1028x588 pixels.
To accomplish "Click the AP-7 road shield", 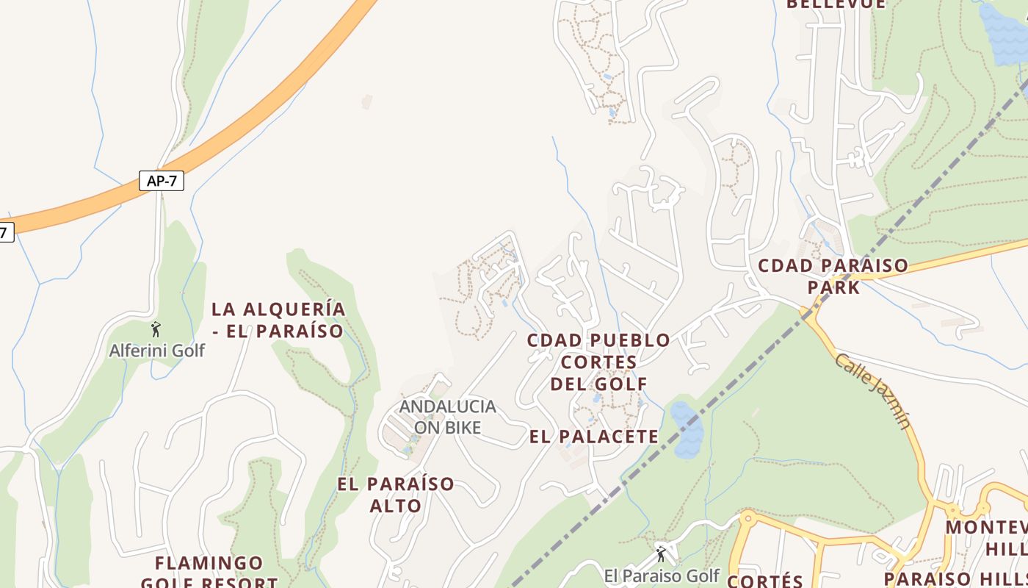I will [x=162, y=181].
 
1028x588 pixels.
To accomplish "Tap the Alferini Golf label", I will [x=156, y=351].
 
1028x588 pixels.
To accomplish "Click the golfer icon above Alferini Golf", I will [x=156, y=329].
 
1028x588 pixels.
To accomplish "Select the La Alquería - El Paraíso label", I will [x=278, y=320].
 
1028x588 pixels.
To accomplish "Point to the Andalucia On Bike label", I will [x=447, y=417].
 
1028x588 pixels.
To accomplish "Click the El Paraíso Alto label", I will [x=396, y=495].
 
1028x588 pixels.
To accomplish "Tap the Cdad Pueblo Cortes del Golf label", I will [x=598, y=362].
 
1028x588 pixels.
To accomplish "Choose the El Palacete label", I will [x=594, y=437].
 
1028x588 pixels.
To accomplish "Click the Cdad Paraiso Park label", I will [x=833, y=276].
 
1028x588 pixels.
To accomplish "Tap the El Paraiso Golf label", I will [x=661, y=576].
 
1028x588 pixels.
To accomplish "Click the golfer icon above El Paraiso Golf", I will [x=661, y=554].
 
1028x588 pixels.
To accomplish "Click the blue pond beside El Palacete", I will [x=686, y=430].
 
